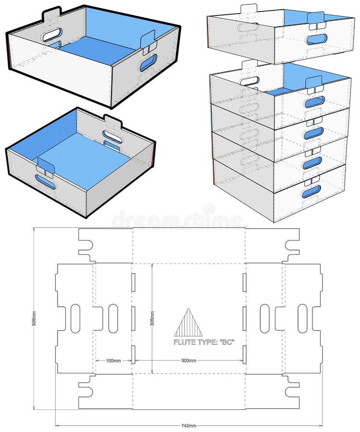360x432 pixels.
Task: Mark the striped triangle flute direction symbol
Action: click(x=188, y=323)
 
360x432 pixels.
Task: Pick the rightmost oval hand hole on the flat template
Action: click(x=302, y=318)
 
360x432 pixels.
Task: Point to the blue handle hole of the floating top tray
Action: click(x=317, y=38)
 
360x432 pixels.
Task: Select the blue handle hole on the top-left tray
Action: click(x=148, y=62)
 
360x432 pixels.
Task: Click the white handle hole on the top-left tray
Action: click(x=52, y=35)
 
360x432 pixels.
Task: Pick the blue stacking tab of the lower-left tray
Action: click(x=46, y=166)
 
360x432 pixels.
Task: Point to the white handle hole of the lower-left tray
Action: click(x=111, y=136)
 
